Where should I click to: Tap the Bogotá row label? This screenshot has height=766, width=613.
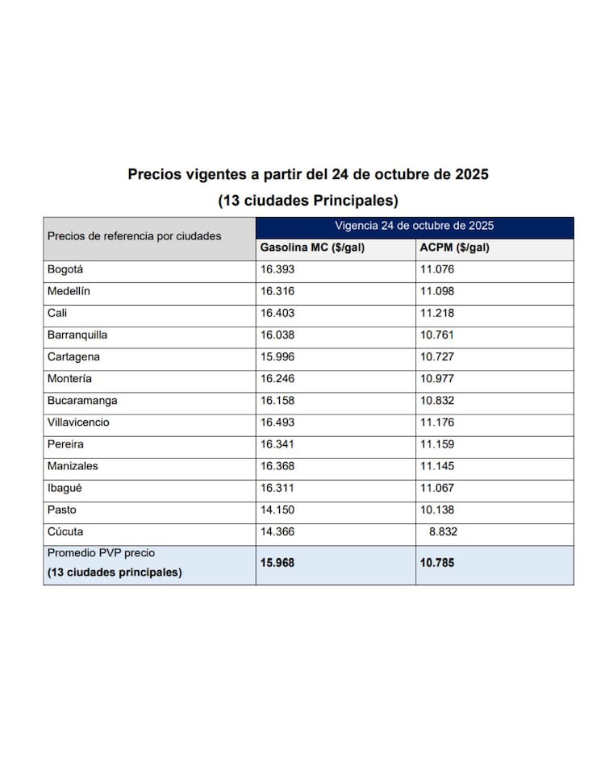(x=65, y=269)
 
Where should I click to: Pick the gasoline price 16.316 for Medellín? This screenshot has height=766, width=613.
(x=277, y=291)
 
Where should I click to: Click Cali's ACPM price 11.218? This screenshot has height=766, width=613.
(x=437, y=313)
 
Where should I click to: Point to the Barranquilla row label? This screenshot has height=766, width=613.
(x=77, y=335)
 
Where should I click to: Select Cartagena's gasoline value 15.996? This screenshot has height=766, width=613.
(x=277, y=356)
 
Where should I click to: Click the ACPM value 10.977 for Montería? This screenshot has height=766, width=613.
(x=437, y=378)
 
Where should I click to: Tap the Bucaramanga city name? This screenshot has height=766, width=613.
(x=82, y=400)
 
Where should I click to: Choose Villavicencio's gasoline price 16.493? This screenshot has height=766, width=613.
(x=277, y=422)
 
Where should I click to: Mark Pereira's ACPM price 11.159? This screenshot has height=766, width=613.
(x=437, y=443)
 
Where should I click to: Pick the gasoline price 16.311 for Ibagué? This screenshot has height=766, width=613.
(x=277, y=487)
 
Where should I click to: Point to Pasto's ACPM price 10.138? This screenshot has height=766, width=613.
(x=437, y=510)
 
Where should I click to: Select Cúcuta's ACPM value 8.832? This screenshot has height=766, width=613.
(x=442, y=531)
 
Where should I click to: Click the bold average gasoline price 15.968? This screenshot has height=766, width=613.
(x=277, y=562)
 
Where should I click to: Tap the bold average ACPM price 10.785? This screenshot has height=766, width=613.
(x=437, y=562)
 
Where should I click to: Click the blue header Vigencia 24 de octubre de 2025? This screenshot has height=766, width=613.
(x=415, y=226)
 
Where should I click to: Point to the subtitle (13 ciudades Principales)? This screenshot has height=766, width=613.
(x=308, y=199)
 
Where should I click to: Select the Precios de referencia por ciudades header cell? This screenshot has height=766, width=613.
(x=134, y=236)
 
